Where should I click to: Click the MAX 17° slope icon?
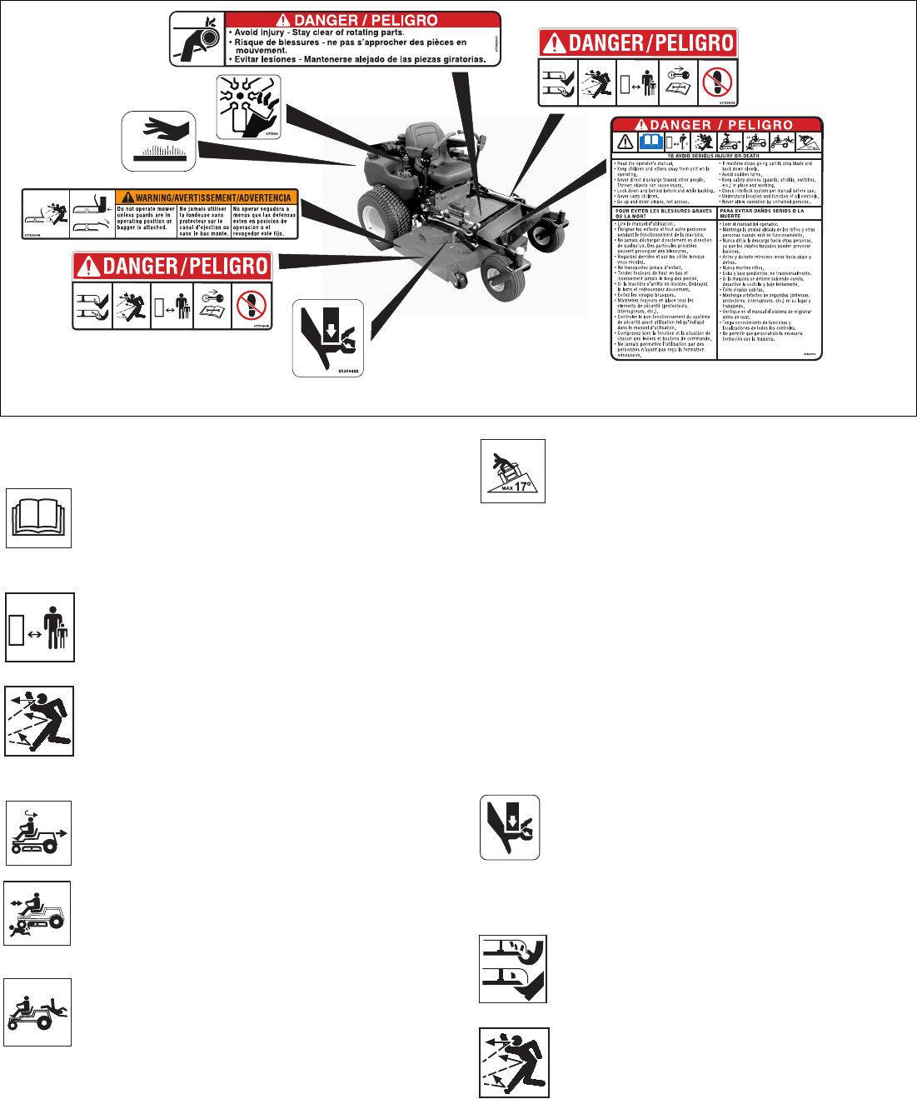pos(513,472)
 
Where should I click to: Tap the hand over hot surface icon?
pos(159,141)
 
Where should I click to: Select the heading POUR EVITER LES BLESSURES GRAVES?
pos(664,213)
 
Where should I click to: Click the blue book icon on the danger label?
pos(650,141)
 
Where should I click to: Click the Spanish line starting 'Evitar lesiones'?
pos(360,59)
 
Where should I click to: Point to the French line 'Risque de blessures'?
pos(350,42)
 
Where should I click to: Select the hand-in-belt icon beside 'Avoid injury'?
pos(197,38)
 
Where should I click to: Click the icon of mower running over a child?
pos(37,913)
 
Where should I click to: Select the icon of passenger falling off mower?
pos(37,1012)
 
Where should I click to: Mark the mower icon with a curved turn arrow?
pos(38,833)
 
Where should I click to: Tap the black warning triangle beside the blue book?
pos(625,141)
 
